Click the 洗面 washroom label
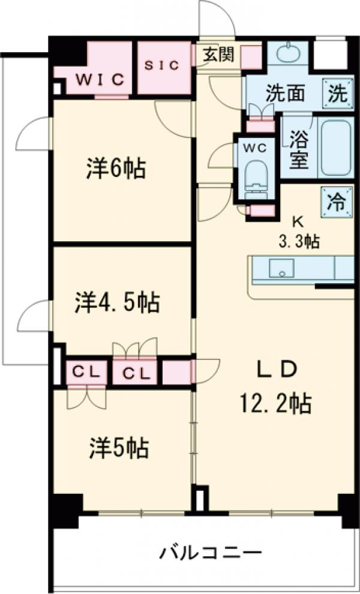tap(285, 94)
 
